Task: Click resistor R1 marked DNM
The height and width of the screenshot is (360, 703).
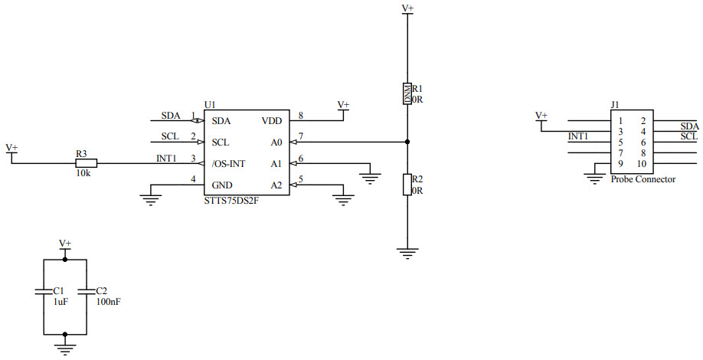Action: [x=407, y=93]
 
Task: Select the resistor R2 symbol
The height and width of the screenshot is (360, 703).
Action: [x=407, y=185]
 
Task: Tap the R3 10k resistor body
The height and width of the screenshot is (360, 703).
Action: [x=87, y=163]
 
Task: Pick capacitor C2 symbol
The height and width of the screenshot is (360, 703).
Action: [x=87, y=291]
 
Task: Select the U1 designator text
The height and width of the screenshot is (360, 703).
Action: [x=210, y=104]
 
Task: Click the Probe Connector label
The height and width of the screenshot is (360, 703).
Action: [x=643, y=179]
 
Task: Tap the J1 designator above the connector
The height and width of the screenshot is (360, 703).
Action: [x=615, y=105]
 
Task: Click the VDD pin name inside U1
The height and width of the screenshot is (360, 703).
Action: [x=272, y=121]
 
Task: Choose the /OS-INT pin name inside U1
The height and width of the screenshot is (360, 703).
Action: [x=229, y=164]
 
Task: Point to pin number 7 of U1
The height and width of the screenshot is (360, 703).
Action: [x=301, y=136]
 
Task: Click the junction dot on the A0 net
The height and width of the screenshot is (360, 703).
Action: [x=407, y=142]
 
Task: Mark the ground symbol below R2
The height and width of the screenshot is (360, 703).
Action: [x=407, y=253]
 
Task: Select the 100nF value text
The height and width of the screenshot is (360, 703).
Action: [x=107, y=302]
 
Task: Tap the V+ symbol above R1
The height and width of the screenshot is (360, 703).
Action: [x=407, y=9]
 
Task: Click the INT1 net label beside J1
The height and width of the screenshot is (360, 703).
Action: [x=578, y=136]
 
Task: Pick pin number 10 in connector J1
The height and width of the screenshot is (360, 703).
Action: [x=641, y=164]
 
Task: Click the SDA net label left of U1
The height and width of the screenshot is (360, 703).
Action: [x=170, y=116]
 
